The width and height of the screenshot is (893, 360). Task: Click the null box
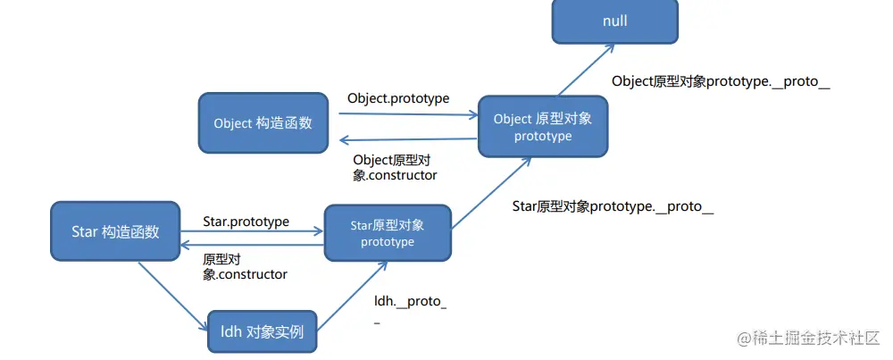pos(614,21)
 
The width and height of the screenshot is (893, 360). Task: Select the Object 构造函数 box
pos(263,123)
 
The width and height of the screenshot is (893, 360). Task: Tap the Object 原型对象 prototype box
pos(543,127)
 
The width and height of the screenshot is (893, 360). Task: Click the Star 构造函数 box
pos(115,231)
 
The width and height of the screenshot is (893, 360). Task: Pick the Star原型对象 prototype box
pos(388,232)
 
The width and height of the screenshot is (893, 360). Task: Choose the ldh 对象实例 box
pos(262,332)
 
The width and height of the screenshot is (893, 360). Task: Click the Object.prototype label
pos(398,97)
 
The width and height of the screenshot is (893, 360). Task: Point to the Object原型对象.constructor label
pos(395,167)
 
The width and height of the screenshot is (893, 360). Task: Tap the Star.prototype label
pos(246,221)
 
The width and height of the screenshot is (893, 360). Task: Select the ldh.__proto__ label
pos(410,307)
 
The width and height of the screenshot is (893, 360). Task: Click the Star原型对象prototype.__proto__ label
pos(613,206)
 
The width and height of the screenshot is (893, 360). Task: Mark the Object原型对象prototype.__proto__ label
pos(721,81)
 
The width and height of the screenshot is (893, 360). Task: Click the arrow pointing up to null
pos(580,71)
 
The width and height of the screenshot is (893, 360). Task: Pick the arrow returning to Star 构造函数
pos(251,244)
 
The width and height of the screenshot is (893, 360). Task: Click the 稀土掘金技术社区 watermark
pos(807,339)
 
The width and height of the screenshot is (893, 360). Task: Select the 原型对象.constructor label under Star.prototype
pos(245,266)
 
